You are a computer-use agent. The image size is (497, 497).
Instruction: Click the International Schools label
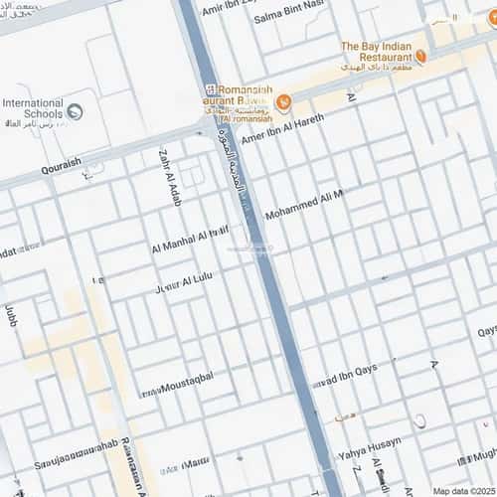[x=33, y=107]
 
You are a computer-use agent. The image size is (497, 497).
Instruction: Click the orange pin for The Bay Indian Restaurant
[x=420, y=58]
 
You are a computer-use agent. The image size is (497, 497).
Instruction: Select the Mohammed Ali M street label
[x=303, y=207]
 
